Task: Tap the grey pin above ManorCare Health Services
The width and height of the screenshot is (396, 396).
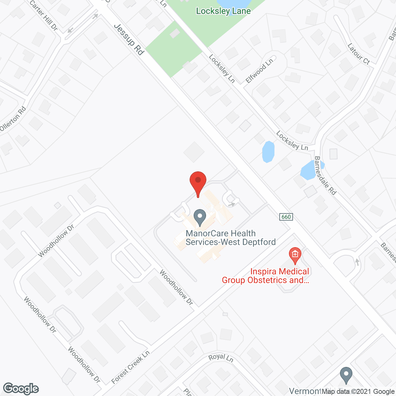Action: (x=200, y=217)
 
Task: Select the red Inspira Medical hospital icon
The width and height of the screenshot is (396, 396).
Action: (x=295, y=255)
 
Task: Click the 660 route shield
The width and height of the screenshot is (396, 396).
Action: (x=286, y=217)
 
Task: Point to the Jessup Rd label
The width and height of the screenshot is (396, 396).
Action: (x=129, y=39)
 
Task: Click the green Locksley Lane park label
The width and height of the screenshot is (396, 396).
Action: (x=223, y=11)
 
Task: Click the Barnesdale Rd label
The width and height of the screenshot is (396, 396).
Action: (x=325, y=175)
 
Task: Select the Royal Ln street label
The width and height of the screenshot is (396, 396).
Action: (x=221, y=358)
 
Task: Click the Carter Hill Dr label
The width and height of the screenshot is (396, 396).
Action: (x=44, y=15)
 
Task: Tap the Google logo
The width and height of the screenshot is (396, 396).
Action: (x=21, y=389)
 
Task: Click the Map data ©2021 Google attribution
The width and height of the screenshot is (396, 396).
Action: (x=358, y=391)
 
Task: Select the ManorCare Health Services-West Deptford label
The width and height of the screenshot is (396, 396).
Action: (x=230, y=238)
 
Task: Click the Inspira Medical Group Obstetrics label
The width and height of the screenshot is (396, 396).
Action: (x=265, y=276)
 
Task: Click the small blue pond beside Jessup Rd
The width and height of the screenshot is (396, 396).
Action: (x=268, y=152)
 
